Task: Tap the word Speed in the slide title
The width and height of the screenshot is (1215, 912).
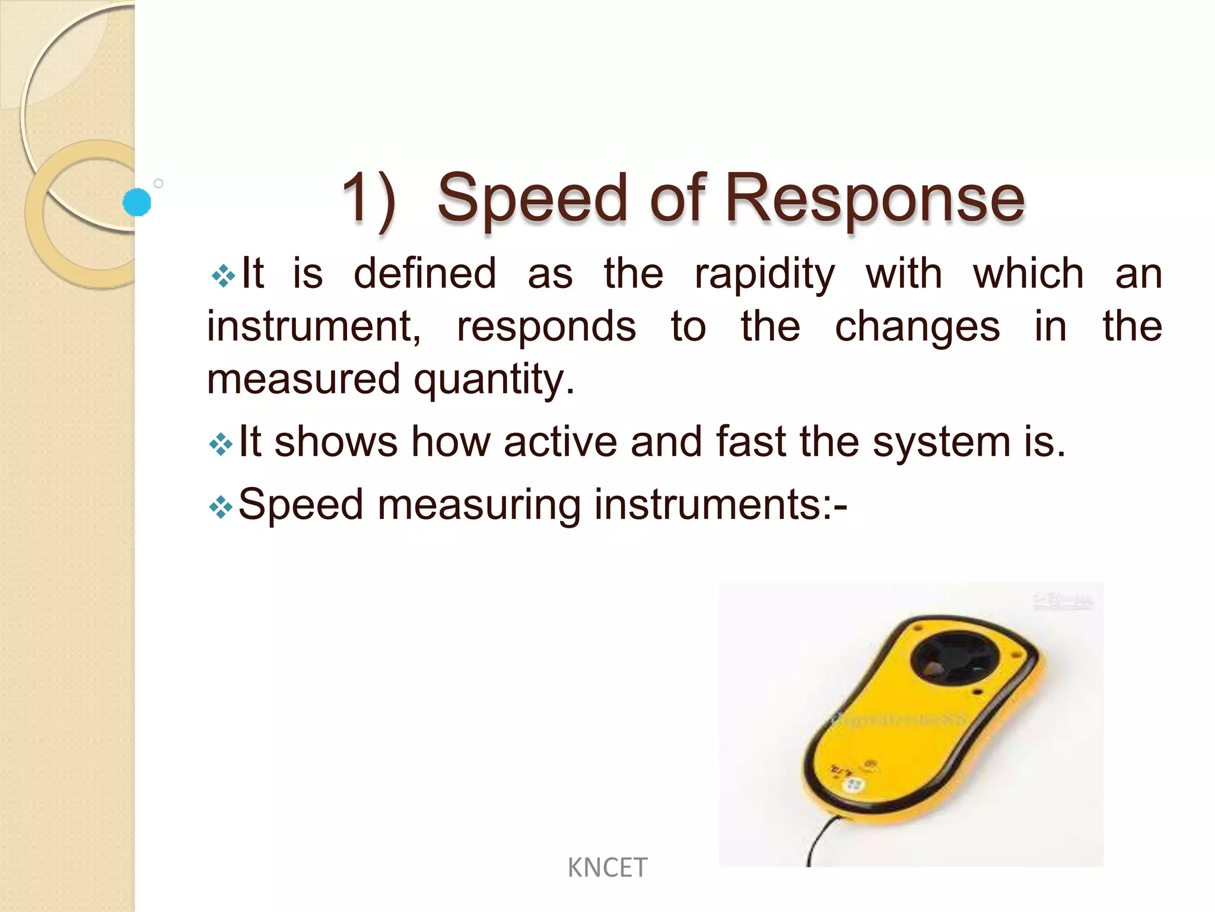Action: click(532, 199)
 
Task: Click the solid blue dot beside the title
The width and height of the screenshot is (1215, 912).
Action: click(137, 202)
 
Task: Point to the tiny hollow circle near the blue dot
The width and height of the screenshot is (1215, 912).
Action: click(158, 183)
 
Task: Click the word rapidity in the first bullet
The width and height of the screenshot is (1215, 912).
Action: click(765, 275)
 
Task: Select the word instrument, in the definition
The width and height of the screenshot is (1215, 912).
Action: click(314, 327)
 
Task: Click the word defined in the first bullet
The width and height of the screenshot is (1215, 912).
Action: click(425, 274)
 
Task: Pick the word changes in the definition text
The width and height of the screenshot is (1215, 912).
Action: click(917, 328)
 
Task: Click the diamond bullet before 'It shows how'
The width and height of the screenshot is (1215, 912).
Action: click(221, 444)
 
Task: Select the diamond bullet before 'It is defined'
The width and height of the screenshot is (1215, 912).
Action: click(223, 276)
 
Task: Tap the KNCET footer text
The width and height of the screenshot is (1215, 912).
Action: click(607, 868)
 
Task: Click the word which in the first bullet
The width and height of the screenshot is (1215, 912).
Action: click(1029, 274)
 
